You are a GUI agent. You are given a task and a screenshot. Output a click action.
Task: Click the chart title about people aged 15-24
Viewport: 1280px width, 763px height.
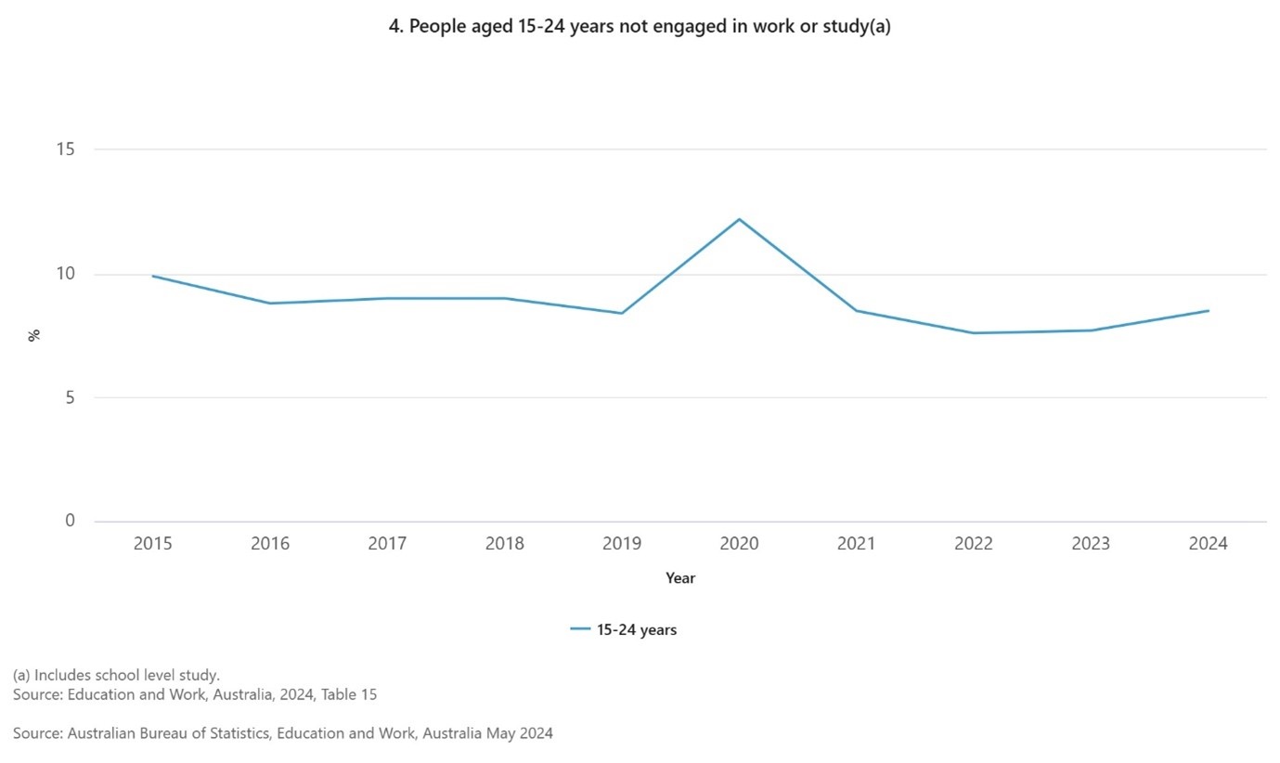click(640, 27)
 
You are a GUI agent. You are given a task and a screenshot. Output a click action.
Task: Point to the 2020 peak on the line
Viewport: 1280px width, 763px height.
click(739, 219)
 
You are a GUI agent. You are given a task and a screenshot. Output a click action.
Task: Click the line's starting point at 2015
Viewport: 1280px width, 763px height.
click(152, 276)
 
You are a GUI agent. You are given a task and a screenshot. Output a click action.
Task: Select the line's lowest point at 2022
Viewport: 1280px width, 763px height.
click(974, 333)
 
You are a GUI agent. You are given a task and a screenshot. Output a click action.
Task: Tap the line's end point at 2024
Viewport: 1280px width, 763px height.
click(1208, 311)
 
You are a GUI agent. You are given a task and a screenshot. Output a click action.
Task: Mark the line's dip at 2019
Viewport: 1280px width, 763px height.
click(622, 313)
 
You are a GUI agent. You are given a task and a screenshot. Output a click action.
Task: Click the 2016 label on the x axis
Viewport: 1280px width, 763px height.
click(269, 544)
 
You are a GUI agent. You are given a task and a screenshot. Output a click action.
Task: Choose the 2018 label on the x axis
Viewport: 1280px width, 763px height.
click(504, 544)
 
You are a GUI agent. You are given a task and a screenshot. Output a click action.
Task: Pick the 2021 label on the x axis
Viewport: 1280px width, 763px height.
click(856, 544)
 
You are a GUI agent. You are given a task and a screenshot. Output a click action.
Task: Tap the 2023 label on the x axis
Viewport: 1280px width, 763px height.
click(1091, 544)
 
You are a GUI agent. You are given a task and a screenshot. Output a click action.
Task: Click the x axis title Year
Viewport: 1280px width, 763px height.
click(680, 578)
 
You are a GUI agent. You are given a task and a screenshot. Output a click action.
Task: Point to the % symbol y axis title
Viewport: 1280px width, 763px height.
click(34, 335)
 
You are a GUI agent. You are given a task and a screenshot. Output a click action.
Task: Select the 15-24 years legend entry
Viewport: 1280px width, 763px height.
click(624, 630)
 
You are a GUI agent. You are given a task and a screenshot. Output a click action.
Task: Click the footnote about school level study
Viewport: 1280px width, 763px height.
click(116, 675)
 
